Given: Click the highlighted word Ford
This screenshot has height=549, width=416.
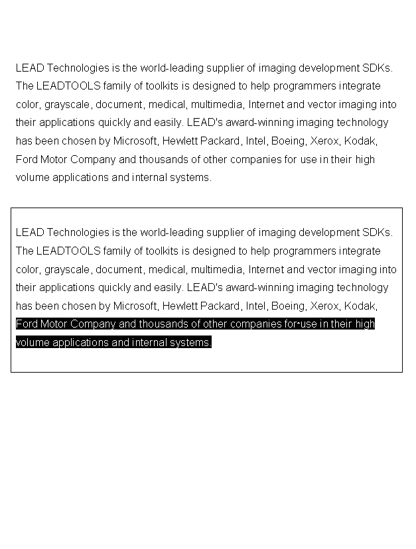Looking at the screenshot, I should coord(27,324).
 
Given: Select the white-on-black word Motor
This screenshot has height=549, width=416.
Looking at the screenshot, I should coord(54,324).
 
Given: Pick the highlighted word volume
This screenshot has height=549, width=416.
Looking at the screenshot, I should coord(33,343).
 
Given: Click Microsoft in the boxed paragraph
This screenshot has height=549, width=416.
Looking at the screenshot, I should coord(135,306).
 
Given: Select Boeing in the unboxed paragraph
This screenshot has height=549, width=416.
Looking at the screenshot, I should coord(287,141).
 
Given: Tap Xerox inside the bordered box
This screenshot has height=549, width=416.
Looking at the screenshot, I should coord(324,306).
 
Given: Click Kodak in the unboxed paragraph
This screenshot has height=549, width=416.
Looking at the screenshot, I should coord(360,141).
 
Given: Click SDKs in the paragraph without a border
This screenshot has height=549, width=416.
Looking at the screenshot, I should coord(377,68).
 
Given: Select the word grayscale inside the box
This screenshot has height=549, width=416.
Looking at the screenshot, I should coord(69,270).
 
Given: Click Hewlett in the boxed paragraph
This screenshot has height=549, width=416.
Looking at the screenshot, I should coord(180,306).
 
